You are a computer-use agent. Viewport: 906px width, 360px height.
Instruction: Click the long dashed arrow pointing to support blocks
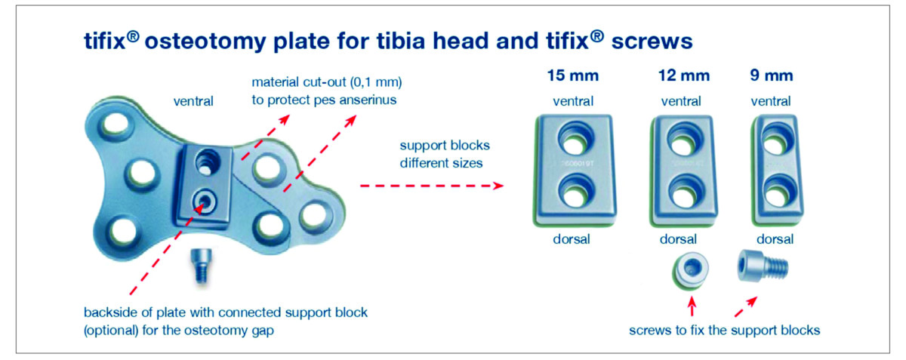(x=430, y=185)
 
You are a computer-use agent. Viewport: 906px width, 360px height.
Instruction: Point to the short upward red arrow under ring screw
(x=691, y=306)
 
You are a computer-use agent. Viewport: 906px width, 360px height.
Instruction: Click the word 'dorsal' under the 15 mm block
(x=574, y=240)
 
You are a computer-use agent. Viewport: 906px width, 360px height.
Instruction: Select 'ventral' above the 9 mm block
(x=774, y=101)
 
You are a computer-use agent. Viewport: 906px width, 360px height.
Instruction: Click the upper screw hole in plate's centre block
(x=206, y=161)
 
